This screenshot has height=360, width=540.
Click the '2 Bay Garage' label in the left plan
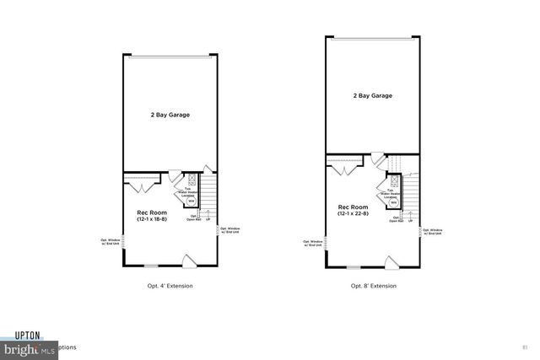(165, 115)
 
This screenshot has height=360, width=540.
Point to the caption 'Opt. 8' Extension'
(374, 286)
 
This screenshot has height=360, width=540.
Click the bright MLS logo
(25, 347)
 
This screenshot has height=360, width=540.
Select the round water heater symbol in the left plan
(191, 201)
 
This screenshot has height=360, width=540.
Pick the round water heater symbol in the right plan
(393, 201)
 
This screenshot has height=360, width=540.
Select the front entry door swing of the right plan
(391, 261)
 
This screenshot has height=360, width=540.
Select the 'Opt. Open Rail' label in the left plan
(195, 218)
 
